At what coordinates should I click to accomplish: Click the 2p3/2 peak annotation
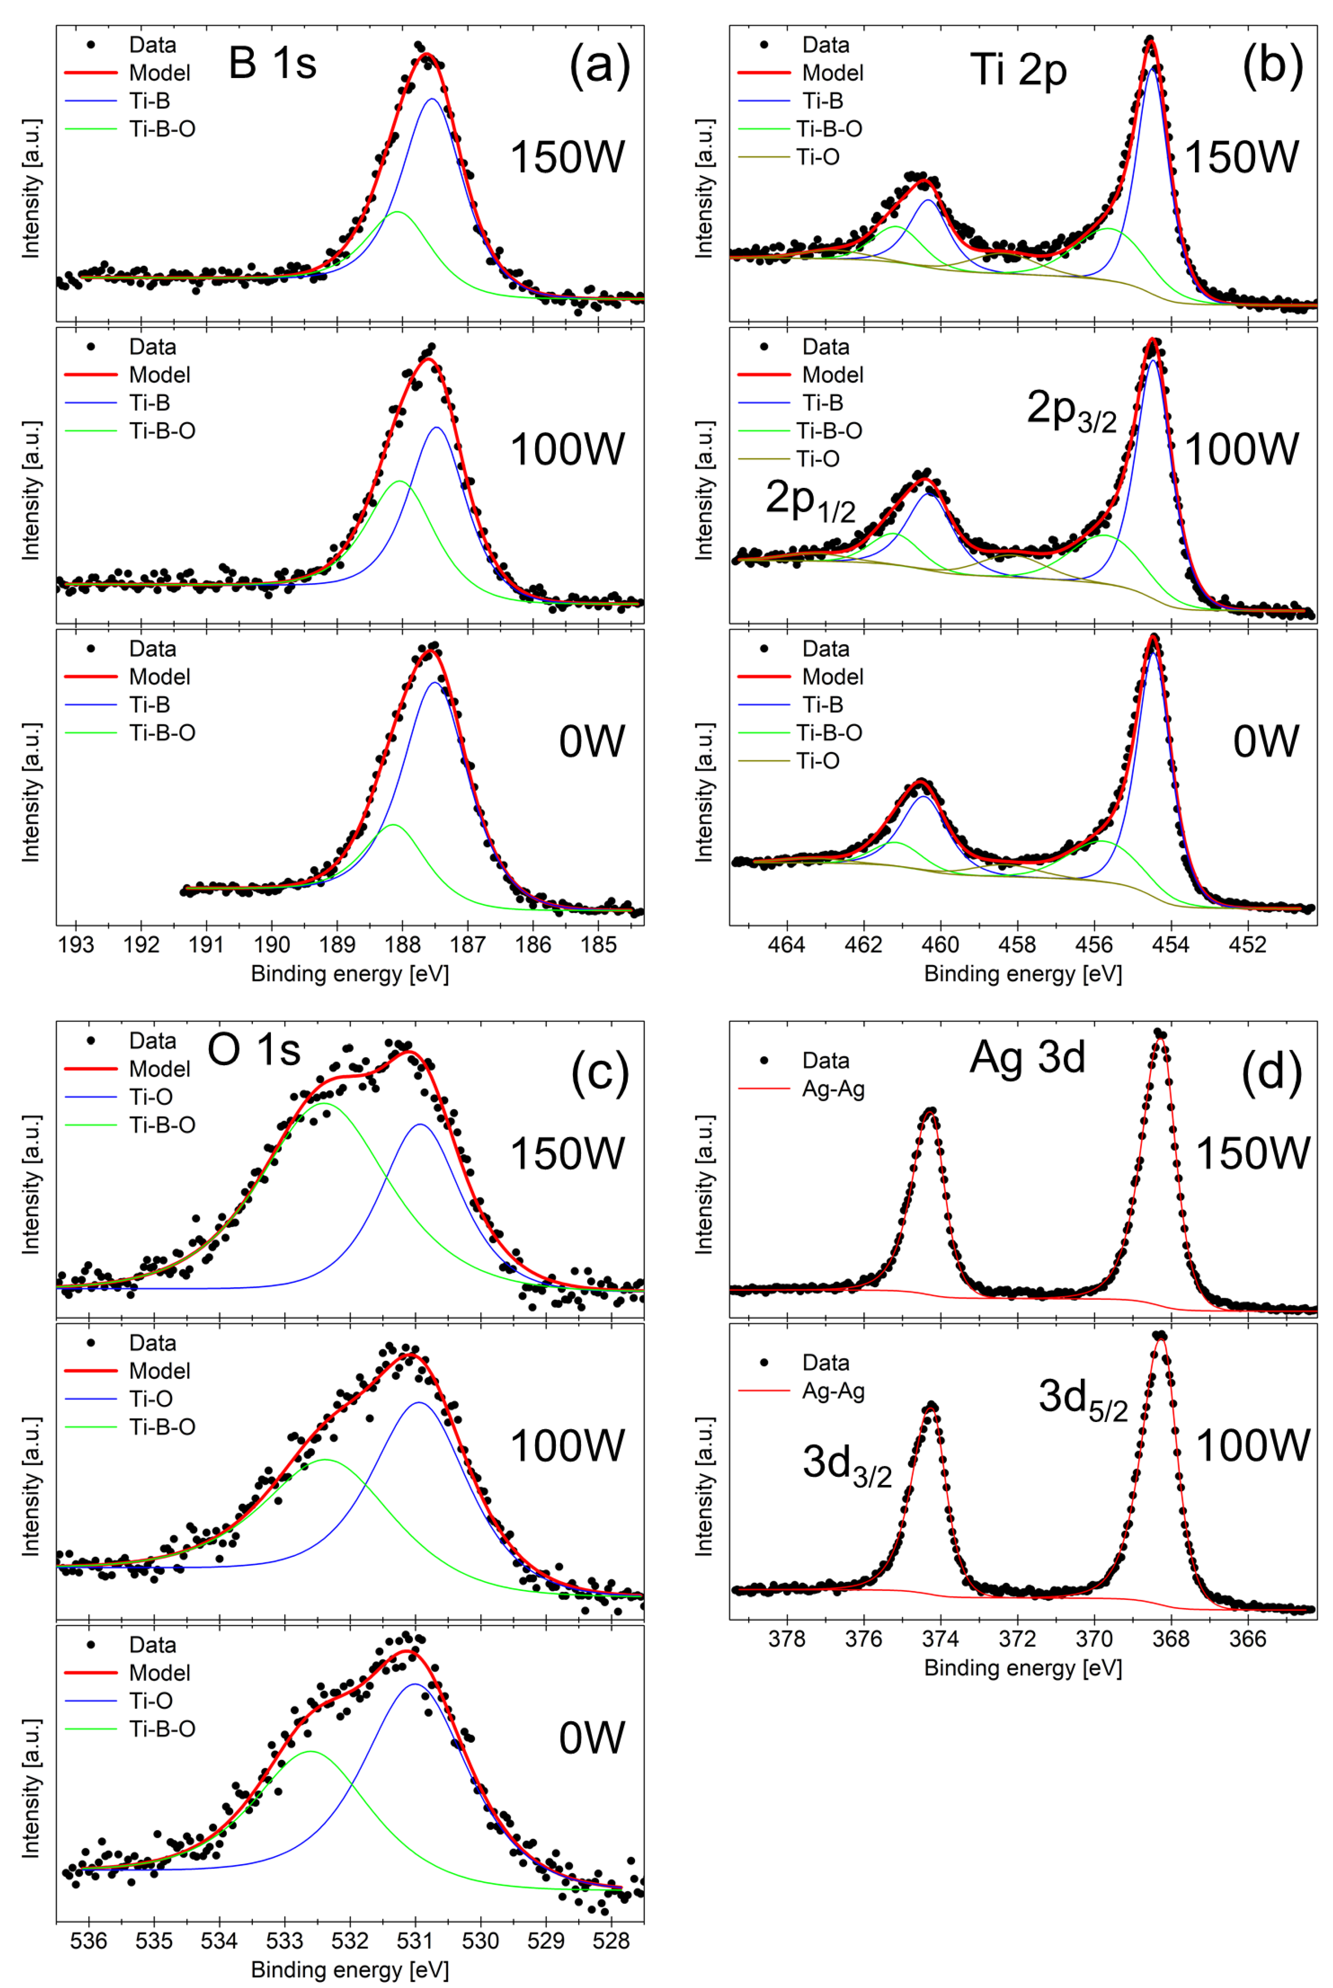tap(1071, 410)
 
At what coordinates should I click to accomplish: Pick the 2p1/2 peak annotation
tap(810, 499)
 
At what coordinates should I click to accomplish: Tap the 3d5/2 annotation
tap(1082, 1398)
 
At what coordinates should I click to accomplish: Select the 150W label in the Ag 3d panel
tap(1252, 1153)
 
